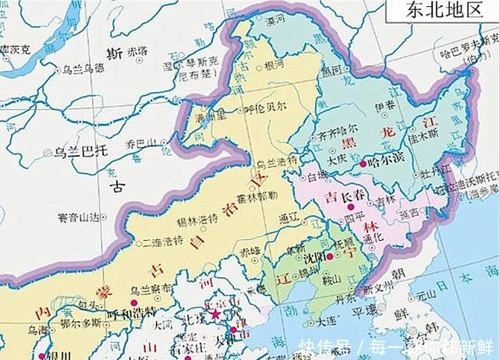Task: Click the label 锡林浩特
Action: pos(195,219)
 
